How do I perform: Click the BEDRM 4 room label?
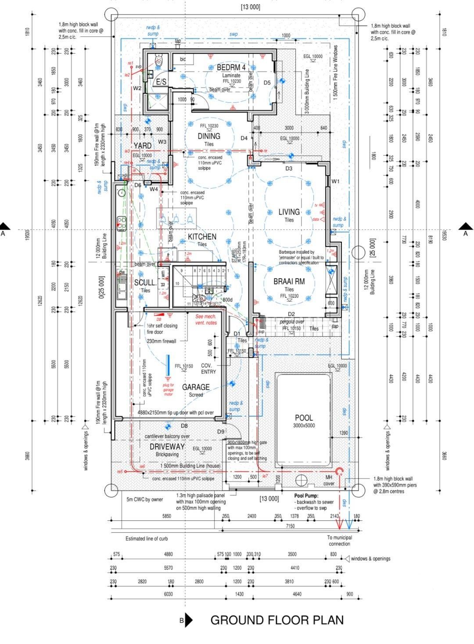coord(231,68)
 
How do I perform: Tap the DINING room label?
coord(209,136)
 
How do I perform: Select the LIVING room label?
coord(289,212)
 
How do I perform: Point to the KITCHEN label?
coord(202,237)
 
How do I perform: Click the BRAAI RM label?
coord(289,282)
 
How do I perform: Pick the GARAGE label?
coord(196,387)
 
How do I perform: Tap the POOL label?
coord(304,418)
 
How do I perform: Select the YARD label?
coord(143,146)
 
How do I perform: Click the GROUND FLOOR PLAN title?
coord(277,620)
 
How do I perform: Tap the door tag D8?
coord(184,426)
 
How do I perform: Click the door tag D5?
coord(267,83)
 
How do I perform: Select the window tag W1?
coord(336,181)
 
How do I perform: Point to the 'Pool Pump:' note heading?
coord(306,495)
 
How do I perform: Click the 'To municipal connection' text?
coord(339,540)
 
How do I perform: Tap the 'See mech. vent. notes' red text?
coord(206,320)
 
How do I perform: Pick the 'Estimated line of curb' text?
coord(147,538)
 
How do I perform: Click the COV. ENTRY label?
coord(208,369)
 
